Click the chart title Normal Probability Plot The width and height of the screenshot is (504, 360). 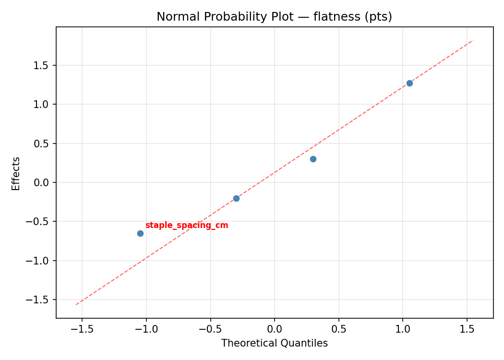[x=274, y=17]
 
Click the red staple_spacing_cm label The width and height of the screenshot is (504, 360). [x=187, y=226]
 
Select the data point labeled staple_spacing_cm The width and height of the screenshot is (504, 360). [x=140, y=233]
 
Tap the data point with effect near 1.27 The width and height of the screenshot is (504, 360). [x=409, y=83]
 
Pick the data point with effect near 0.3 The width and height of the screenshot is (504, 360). [x=313, y=159]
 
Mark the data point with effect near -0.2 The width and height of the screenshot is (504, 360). [x=236, y=198]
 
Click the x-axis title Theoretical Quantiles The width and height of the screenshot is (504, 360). [x=274, y=343]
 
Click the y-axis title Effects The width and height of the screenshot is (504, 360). [x=16, y=173]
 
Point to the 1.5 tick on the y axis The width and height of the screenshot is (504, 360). [x=44, y=65]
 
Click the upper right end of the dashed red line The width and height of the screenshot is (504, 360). [x=474, y=40]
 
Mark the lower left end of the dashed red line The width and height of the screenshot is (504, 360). [x=75, y=305]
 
